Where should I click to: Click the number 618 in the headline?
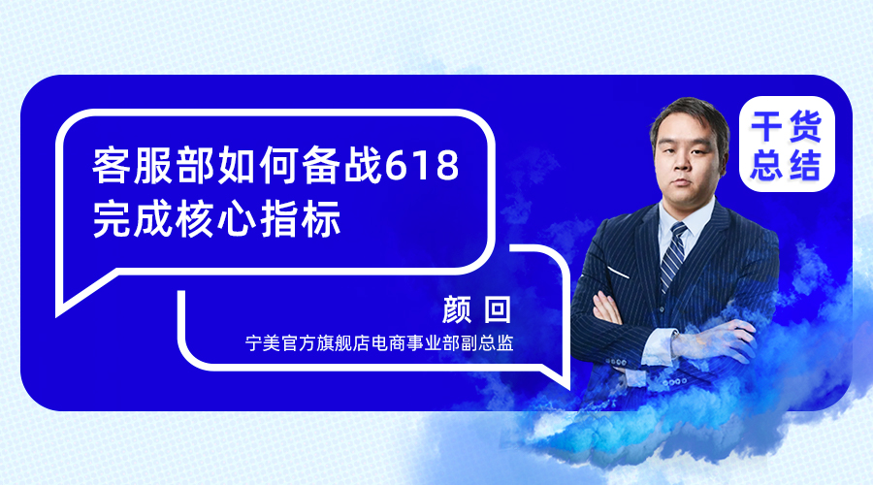click(x=422, y=165)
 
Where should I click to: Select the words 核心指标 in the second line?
click(x=258, y=219)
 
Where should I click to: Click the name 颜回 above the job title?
click(x=476, y=309)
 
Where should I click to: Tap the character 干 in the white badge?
click(x=767, y=127)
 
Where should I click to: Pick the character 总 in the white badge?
click(x=767, y=164)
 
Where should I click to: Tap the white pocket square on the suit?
click(x=618, y=273)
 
